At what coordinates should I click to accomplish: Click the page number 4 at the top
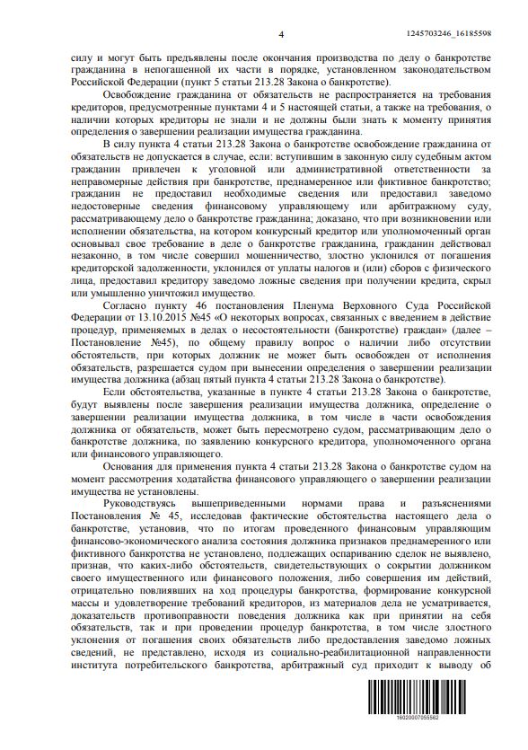pyautogui.click(x=281, y=34)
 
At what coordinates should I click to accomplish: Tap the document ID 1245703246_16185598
pyautogui.click(x=462, y=33)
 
